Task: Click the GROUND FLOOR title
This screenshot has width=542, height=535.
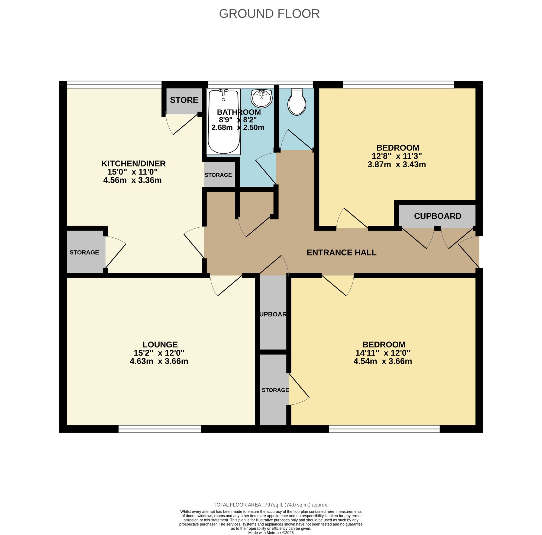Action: point(269,14)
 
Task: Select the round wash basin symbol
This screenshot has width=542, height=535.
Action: point(262,98)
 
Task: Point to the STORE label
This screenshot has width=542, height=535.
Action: point(184,100)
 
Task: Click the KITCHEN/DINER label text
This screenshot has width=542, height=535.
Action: point(134,163)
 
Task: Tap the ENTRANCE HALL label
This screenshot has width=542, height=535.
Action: point(341,253)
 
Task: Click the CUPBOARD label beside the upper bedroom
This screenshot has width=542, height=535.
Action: point(437,216)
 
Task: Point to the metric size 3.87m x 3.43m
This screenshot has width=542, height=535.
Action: point(396,165)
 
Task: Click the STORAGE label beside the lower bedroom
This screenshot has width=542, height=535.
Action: point(275,390)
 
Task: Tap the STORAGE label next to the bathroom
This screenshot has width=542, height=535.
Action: point(218,175)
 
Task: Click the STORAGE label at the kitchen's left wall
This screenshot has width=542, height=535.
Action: point(84,252)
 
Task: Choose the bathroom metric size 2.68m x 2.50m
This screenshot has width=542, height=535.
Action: point(238,128)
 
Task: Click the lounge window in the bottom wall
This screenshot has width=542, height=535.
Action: point(160,429)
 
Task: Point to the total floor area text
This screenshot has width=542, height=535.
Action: point(271,505)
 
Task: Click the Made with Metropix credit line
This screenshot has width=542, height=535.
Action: point(271,533)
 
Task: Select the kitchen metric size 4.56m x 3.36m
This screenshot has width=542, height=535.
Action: point(133,180)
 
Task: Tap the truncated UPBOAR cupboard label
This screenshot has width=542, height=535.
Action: point(273,314)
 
